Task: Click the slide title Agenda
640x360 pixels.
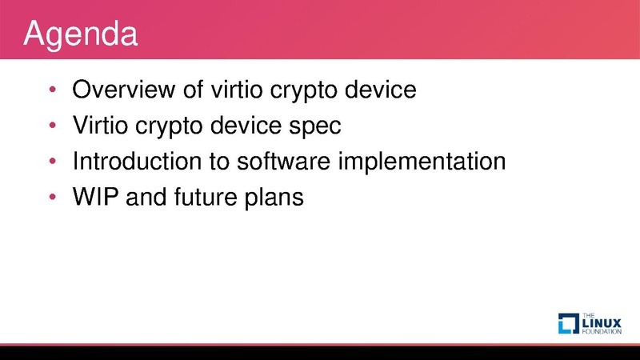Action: click(81, 34)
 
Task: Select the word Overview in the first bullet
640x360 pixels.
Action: click(124, 89)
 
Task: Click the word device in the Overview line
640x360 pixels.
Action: click(381, 89)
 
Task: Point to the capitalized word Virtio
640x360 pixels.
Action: click(101, 125)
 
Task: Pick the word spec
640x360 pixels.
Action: click(315, 127)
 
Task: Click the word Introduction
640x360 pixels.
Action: click(137, 161)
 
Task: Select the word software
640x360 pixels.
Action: click(284, 161)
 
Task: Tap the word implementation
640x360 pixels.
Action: click(422, 162)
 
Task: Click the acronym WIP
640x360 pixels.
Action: click(95, 197)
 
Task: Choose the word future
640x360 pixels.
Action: click(206, 197)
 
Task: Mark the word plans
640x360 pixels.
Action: click(274, 198)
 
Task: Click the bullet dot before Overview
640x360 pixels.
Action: click(52, 89)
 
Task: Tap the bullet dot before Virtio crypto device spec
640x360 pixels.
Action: click(52, 125)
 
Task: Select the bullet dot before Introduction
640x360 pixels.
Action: click(52, 161)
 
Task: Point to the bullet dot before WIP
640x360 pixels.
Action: click(52, 197)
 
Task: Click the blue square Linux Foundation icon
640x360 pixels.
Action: click(569, 323)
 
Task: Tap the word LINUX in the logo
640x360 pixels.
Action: click(602, 323)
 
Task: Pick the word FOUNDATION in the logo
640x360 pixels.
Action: click(602, 331)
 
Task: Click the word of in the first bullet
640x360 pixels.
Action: click(193, 89)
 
